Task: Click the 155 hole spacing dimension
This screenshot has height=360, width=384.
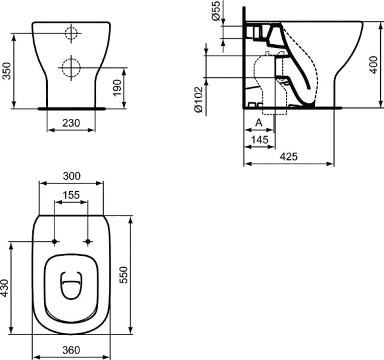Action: [71, 196]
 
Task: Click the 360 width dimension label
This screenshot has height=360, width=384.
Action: [71, 350]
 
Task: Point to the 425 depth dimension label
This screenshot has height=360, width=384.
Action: [289, 157]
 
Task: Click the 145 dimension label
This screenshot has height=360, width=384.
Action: [259, 139]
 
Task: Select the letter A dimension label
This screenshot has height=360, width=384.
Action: [259, 121]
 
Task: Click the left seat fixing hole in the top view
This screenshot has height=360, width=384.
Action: [55, 242]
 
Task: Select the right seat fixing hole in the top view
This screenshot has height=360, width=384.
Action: [88, 242]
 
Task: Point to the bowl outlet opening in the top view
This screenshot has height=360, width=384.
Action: [71, 286]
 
